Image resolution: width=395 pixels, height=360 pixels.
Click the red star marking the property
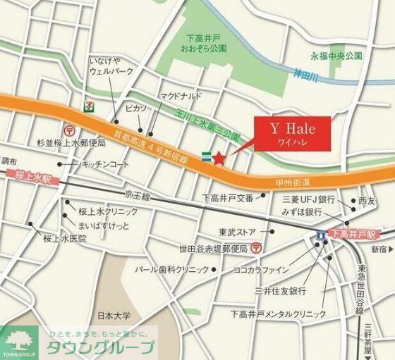pos(219,159)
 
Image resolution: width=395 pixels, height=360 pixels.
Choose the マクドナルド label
pos(181,95)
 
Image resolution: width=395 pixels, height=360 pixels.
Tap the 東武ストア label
pos(237,230)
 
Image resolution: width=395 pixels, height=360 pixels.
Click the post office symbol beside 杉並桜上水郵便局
pos(69,130)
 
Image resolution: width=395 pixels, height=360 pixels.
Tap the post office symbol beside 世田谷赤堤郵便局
pos(256,248)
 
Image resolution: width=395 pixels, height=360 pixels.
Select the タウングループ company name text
pos(100,347)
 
